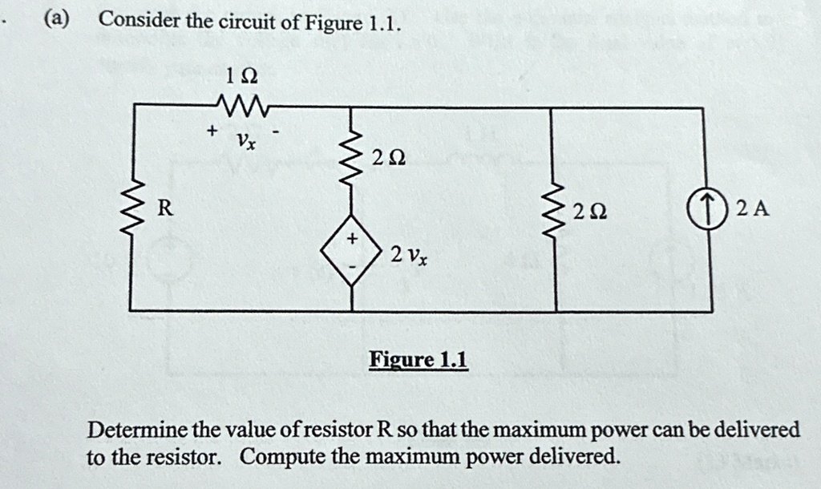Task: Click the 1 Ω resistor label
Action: (241, 77)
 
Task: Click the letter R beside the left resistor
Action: (165, 208)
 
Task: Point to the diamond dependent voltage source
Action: (352, 250)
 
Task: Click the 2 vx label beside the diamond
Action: (408, 255)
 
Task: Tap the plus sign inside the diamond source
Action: (353, 239)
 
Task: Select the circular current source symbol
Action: (709, 209)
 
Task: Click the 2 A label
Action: (752, 209)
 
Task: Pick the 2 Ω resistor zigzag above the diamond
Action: (352, 156)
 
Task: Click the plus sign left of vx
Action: (212, 130)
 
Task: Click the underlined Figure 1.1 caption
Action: (418, 360)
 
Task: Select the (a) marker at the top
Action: (57, 19)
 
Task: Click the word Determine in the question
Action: (137, 430)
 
